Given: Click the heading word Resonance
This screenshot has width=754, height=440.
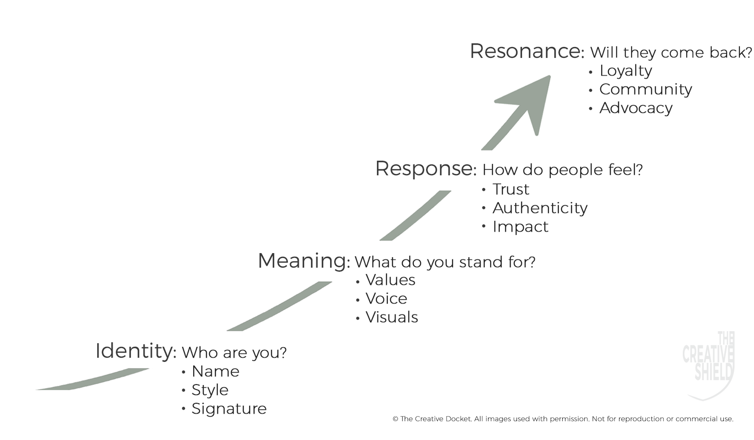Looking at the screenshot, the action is pyautogui.click(x=527, y=51).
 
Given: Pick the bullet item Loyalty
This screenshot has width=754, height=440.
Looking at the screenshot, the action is pyautogui.click(x=625, y=71).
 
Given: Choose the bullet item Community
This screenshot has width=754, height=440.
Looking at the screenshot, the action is pyautogui.click(x=646, y=89).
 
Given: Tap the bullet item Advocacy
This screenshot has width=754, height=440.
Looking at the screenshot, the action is pyautogui.click(x=636, y=108).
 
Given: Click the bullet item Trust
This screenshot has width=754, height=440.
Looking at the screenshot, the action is pyautogui.click(x=511, y=189).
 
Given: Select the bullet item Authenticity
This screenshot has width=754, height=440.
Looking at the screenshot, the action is pyautogui.click(x=540, y=208).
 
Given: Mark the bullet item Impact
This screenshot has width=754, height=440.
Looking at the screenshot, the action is pyautogui.click(x=520, y=227).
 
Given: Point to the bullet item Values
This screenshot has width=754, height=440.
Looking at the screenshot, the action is pyautogui.click(x=390, y=280).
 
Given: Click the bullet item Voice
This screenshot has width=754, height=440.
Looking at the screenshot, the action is pyautogui.click(x=386, y=298).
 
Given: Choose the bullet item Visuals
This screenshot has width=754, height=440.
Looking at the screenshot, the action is pyautogui.click(x=392, y=317).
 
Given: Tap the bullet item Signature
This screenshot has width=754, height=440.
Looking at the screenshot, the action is pyautogui.click(x=229, y=409).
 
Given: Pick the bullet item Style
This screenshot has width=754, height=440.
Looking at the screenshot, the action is pyautogui.click(x=210, y=390).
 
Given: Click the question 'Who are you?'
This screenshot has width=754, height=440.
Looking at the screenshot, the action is pyautogui.click(x=234, y=353).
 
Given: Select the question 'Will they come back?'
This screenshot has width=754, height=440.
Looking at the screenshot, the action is pyautogui.click(x=671, y=52).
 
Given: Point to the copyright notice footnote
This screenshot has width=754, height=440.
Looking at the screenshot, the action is pyautogui.click(x=563, y=419).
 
